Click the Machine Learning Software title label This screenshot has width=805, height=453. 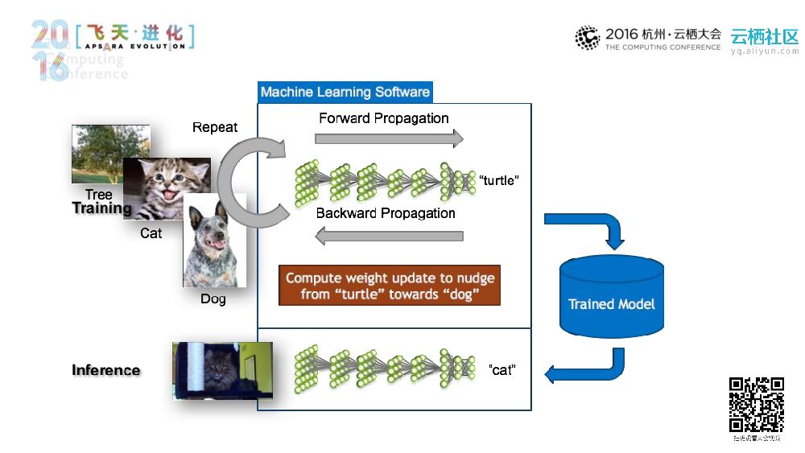[345, 92]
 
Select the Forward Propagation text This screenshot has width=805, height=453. [383, 118]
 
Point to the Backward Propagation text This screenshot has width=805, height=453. [386, 213]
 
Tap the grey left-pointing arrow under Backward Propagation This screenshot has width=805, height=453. [389, 236]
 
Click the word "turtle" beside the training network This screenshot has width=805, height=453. [499, 180]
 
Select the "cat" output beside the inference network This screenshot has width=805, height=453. [502, 370]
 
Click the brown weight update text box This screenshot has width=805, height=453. [390, 286]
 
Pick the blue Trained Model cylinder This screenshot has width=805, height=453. [612, 296]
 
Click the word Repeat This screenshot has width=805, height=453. [215, 127]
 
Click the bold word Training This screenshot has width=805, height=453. [101, 208]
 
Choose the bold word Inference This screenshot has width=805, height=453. [105, 370]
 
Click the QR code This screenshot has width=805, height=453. [756, 405]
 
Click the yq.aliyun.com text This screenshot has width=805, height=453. [764, 51]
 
